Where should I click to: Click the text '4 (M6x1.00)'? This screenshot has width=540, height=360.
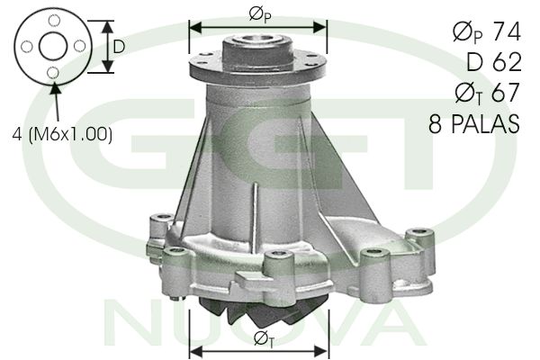[62, 134]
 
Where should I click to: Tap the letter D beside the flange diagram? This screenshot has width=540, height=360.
[118, 45]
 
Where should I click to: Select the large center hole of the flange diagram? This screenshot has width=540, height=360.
[53, 45]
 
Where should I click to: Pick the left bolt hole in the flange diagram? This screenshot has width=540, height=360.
[27, 45]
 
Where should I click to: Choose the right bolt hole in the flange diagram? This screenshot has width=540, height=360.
[79, 45]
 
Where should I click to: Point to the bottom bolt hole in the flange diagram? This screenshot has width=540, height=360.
[53, 72]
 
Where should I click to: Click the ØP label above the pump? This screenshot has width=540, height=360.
[258, 15]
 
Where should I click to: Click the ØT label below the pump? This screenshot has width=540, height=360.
[265, 338]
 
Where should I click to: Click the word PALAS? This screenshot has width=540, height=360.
[486, 124]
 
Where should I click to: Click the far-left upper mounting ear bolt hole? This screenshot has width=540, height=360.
[161, 219]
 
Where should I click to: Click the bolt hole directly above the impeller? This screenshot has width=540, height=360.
[274, 262]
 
